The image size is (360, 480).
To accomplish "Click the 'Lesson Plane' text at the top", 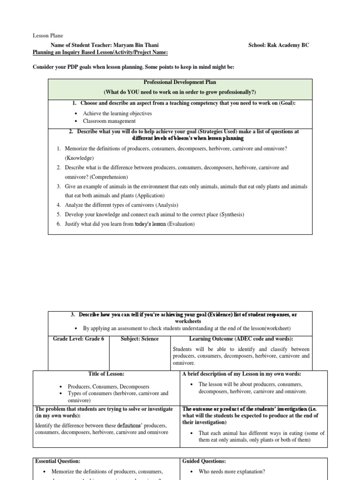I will pyautogui.click(x=47, y=36).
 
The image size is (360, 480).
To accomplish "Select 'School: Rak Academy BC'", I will pyautogui.click(x=278, y=45).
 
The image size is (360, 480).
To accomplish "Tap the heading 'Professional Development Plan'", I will pyautogui.click(x=180, y=82).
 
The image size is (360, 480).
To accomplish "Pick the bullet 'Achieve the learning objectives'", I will pyautogui.click(x=117, y=113).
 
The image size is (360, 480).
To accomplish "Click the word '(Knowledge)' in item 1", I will pyautogui.click(x=79, y=158).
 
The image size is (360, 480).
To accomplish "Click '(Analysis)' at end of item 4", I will pyautogui.click(x=163, y=205).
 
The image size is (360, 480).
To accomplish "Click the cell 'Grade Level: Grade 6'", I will pyautogui.click(x=78, y=339).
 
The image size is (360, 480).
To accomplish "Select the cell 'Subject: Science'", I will pyautogui.click(x=140, y=339).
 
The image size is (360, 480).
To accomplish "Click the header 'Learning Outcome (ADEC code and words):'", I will pyautogui.click(x=241, y=339).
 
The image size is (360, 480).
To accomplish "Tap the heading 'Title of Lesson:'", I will pyautogui.click(x=106, y=374).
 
